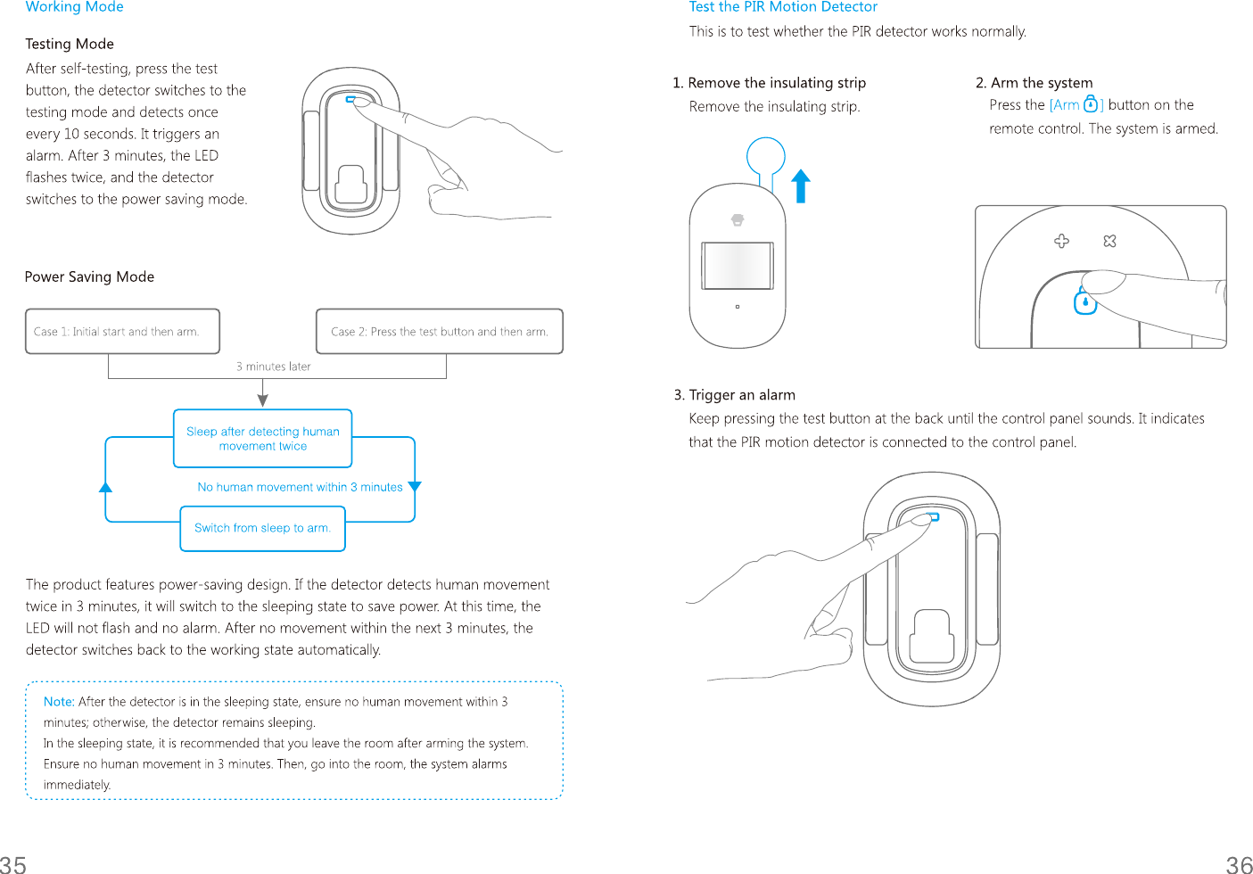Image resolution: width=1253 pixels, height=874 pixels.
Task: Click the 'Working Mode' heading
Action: tap(74, 7)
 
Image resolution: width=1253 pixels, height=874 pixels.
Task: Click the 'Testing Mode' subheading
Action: tap(70, 44)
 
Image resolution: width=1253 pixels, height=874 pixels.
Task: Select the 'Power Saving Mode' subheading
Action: tap(89, 276)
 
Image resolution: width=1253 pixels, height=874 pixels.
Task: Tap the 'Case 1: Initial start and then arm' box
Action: tap(122, 332)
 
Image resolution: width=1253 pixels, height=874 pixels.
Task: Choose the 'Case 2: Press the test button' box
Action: tap(439, 332)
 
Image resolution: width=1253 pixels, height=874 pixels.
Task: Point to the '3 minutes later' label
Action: tap(273, 367)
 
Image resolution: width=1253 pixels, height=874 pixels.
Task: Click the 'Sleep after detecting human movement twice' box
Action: tap(262, 439)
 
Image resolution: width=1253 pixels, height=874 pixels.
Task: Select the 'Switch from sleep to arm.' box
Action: tap(262, 528)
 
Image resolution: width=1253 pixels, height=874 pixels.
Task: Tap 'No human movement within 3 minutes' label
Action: tap(300, 487)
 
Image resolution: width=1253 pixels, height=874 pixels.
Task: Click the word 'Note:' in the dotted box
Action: tap(59, 702)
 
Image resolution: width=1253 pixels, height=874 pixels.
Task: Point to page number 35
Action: tap(13, 863)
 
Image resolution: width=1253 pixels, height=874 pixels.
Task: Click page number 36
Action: tap(1239, 863)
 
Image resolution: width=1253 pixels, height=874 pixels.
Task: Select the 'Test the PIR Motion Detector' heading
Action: tap(783, 7)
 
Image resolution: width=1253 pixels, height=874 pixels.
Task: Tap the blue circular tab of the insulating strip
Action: tap(765, 156)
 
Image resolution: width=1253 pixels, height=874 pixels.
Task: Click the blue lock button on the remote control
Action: tap(1084, 302)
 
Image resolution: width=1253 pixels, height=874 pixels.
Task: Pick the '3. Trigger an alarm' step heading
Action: tap(734, 395)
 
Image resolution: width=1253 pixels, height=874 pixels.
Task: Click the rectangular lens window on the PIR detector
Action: tap(737, 266)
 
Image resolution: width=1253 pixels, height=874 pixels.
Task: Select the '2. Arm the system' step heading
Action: tap(1034, 83)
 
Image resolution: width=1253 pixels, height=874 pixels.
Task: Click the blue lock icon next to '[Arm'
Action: tap(1090, 104)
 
